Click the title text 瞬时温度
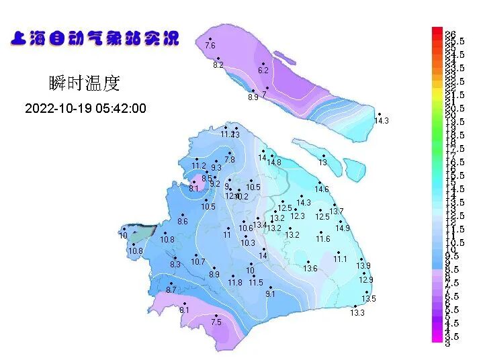pos(84,83)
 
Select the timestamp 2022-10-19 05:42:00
pos(85,108)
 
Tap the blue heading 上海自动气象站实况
pos(95,38)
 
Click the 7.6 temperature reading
pos(210,46)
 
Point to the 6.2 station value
pos(263,71)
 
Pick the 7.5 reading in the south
pos(216,322)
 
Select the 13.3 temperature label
pos(357,312)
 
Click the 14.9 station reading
pos(343,228)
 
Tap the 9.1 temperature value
pos(271,294)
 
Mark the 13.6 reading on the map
pos(310,269)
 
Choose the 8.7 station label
pos(171,289)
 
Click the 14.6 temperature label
pos(322,189)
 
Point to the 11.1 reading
pos(341,259)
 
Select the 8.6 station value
pos(183,222)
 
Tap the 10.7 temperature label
pos(197,262)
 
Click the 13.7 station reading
pos(337,212)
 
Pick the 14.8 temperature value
pos(274,163)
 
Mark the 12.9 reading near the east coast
pos(366,280)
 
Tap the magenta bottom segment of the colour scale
pos(437,338)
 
